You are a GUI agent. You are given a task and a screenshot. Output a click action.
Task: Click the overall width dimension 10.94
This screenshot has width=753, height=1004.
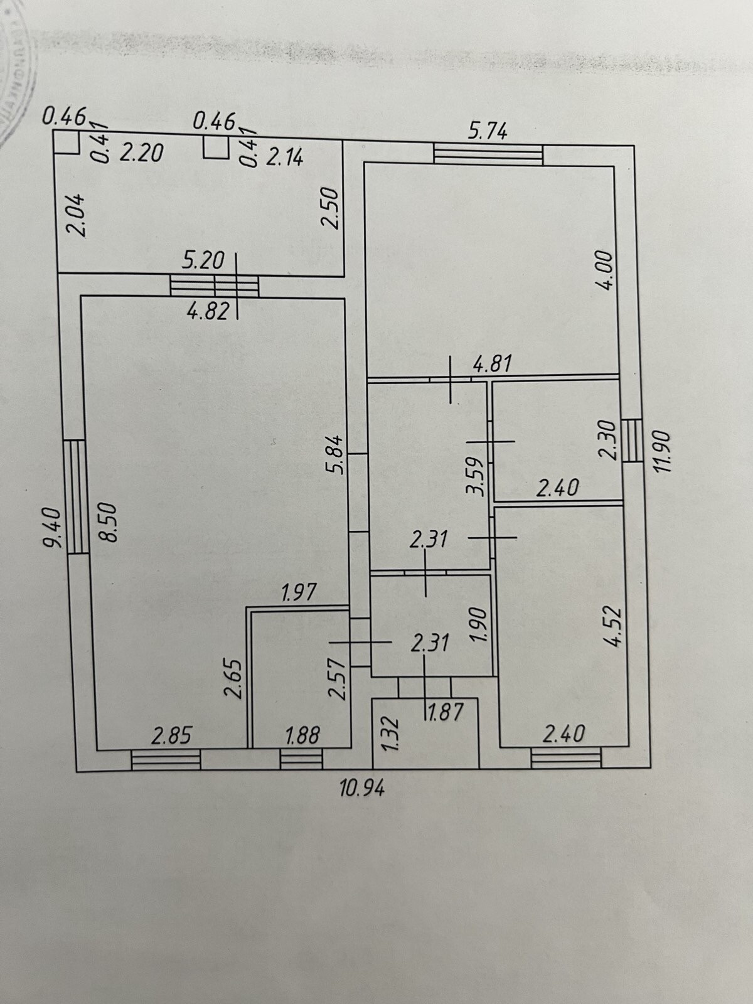[x=362, y=788]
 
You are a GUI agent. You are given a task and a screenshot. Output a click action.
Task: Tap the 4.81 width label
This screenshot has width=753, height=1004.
[x=493, y=363]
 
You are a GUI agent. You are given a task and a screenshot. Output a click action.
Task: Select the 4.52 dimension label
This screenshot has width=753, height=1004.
[x=613, y=627]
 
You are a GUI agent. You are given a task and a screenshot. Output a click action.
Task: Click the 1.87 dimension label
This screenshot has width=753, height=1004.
[x=445, y=712]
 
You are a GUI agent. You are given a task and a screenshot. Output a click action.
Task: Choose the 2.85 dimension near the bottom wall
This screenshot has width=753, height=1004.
[x=171, y=735]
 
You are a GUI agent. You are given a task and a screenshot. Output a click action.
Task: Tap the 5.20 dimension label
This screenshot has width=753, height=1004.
[x=203, y=260]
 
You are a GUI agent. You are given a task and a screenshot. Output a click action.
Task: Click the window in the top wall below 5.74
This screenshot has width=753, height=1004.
[x=488, y=154]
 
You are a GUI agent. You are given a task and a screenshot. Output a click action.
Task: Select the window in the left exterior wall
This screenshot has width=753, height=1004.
[x=77, y=496]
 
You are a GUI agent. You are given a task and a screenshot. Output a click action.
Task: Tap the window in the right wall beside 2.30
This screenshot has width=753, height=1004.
[x=632, y=439]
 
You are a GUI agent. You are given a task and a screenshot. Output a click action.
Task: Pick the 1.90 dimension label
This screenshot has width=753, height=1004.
[x=478, y=624]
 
